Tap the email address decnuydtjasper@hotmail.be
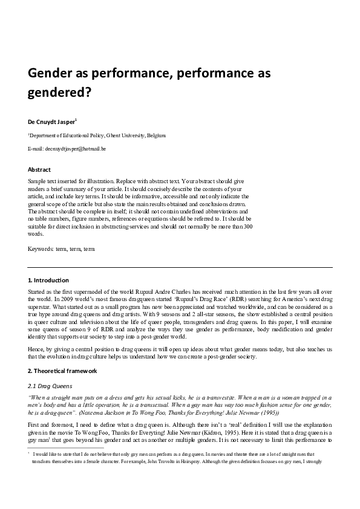pyautogui.click(x=76, y=148)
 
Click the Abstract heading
pyautogui.click(x=39, y=170)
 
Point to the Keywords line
pyautogui.click(x=61, y=248)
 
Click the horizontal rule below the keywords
pyautogui.click(x=180, y=267)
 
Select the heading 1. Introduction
pyautogui.click(x=48, y=280)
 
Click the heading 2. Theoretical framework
pyautogui.click(x=62, y=370)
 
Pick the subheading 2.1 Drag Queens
pyautogui.click(x=51, y=384)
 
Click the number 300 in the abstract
pyautogui.click(x=247, y=226)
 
